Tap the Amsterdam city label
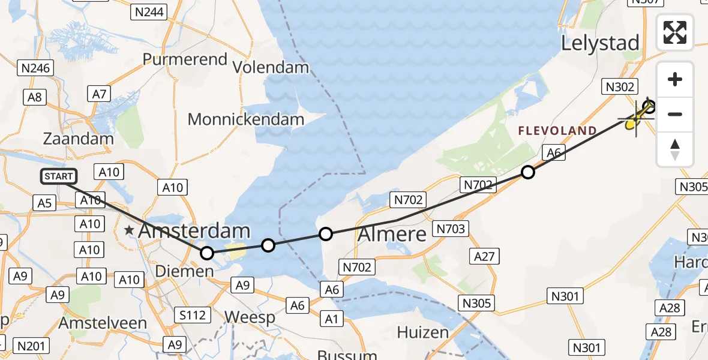[x=194, y=231]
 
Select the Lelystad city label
[x=599, y=43]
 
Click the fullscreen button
[x=675, y=32]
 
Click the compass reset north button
[x=675, y=149]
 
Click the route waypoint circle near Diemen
[x=206, y=253]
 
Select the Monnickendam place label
[x=246, y=119]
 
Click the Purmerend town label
[x=185, y=59]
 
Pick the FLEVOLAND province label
[x=557, y=131]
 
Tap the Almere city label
[x=392, y=234]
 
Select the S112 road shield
[x=193, y=315]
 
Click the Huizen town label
[x=422, y=332]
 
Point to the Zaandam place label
[x=78, y=139]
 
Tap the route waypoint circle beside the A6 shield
[x=527, y=173]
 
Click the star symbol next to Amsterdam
[x=129, y=230]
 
